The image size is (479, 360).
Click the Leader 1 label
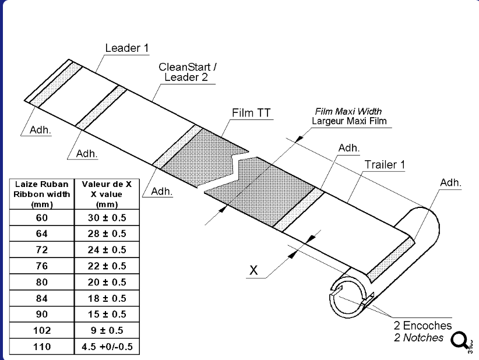click(122, 48)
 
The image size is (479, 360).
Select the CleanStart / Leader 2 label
click(188, 72)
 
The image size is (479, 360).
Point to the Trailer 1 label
click(385, 164)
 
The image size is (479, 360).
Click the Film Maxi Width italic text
click(348, 111)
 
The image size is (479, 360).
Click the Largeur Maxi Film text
click(349, 121)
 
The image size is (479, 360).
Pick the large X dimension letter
click(253, 270)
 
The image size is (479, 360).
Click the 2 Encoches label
click(422, 326)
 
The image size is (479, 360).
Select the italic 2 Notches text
click(418, 337)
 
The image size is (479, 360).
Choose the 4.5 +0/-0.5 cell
click(107, 346)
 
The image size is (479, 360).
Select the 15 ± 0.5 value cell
click(107, 314)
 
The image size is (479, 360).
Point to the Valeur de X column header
click(107, 194)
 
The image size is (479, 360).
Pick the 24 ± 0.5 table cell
click(107, 250)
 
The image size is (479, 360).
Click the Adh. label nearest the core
click(450, 182)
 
